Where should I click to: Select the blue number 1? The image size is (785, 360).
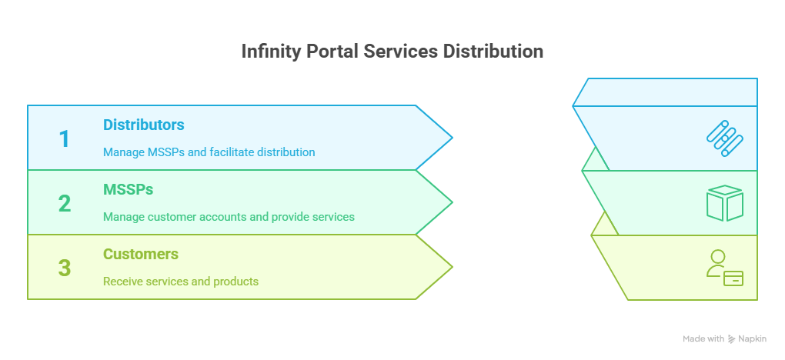(65, 139)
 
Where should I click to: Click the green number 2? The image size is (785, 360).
(65, 204)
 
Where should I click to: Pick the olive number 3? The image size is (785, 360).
(65, 268)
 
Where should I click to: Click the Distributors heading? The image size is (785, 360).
(144, 125)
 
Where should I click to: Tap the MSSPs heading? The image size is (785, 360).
(127, 189)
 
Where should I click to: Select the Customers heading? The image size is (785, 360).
(141, 254)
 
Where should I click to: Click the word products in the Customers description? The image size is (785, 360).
(235, 282)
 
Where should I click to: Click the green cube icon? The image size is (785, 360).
(724, 203)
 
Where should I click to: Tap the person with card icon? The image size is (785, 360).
(724, 268)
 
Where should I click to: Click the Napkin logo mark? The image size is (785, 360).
(732, 339)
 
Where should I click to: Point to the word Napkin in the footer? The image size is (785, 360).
(755, 339)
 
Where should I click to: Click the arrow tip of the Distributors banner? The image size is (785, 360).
(450, 138)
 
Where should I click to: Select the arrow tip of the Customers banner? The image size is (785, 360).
(450, 267)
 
